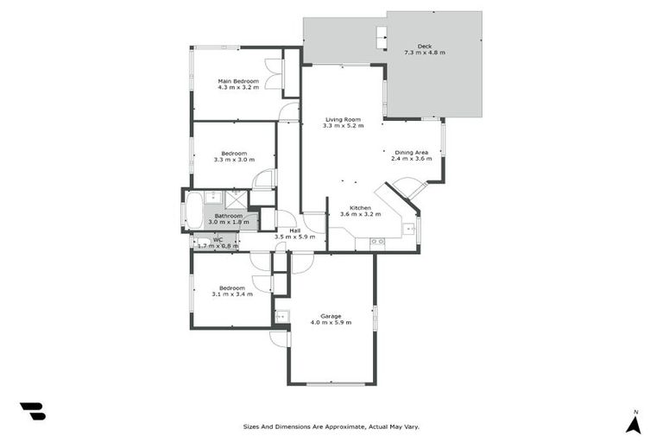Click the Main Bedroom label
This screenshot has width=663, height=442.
238,81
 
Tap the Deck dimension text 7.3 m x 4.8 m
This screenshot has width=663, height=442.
424,54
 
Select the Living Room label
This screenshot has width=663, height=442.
343,119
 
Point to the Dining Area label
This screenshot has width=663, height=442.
411,152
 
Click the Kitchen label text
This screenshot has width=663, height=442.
355,208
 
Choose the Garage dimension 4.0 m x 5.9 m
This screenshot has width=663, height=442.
331,323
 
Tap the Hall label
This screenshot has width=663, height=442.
294,230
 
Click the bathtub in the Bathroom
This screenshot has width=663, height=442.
194,210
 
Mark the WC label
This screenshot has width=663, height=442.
218,240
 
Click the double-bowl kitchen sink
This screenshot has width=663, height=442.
377,243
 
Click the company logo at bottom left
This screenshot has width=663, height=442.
33,411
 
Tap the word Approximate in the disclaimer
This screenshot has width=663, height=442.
341,426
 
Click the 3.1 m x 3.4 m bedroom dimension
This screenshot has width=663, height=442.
231,294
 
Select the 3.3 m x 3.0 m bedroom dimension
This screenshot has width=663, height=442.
234,160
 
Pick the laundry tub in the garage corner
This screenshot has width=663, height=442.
281,317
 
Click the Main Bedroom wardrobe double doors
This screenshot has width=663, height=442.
274,73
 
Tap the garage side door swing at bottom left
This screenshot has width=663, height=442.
279,339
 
